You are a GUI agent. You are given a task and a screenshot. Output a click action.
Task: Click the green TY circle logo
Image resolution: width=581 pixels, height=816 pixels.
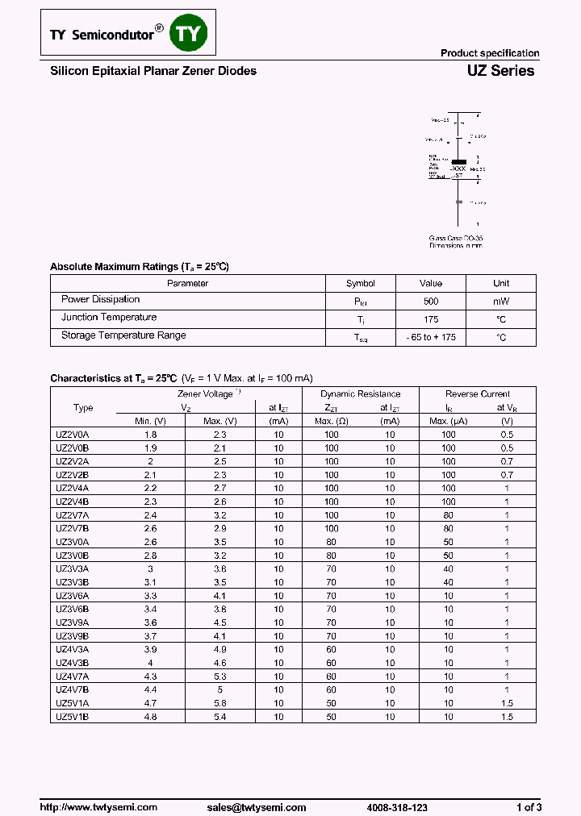(192, 33)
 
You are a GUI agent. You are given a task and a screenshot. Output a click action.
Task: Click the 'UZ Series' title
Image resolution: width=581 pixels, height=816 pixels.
(500, 71)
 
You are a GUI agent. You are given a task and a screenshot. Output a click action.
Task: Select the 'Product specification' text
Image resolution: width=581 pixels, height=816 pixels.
(489, 53)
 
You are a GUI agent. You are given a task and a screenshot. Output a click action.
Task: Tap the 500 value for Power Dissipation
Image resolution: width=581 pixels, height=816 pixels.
(431, 302)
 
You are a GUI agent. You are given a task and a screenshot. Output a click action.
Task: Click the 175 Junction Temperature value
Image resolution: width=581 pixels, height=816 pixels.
(431, 319)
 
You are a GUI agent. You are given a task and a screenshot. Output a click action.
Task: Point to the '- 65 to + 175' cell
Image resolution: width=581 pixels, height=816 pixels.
(431, 337)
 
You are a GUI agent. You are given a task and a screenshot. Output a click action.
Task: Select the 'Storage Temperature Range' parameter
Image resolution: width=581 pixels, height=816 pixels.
(123, 335)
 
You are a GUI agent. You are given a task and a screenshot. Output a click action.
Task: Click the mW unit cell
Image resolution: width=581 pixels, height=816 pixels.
(501, 302)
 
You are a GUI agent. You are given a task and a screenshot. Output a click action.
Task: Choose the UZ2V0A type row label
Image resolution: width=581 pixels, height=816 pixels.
(72, 435)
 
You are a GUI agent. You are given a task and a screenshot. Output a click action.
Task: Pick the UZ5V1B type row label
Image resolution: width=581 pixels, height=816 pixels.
(72, 716)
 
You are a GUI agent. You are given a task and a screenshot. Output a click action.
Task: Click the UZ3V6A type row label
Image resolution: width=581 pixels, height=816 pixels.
(72, 595)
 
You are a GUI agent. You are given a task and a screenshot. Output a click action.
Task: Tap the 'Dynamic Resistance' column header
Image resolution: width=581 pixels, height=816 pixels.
(359, 394)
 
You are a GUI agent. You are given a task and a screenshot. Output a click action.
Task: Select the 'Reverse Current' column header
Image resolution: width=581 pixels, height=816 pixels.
(478, 394)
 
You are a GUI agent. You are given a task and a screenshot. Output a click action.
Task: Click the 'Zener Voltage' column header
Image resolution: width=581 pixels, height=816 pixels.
(206, 394)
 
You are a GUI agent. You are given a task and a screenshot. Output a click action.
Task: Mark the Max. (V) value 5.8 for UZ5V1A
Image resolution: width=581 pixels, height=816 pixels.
(219, 703)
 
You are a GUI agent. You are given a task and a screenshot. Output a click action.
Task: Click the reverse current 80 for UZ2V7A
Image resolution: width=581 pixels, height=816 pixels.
(449, 515)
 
